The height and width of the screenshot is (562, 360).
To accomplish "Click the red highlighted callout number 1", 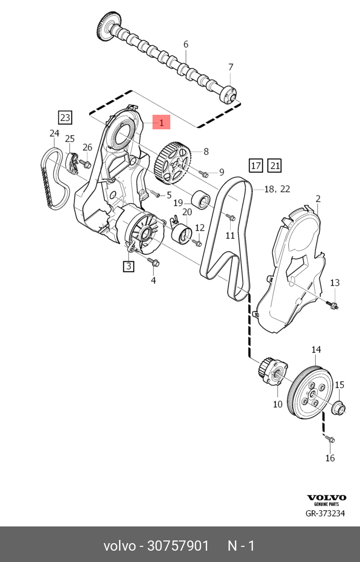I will pos(161,122).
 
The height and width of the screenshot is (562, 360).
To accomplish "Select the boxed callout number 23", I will pos(65,117).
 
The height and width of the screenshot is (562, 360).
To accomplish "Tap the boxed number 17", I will pos(255,165).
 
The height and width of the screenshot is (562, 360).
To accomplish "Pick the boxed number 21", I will pos(274,165).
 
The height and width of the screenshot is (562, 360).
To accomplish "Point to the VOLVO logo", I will pos(327,497).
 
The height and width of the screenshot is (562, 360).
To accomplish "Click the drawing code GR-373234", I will pos(326,514).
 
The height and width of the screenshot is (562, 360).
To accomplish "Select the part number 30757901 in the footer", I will pos(178,546).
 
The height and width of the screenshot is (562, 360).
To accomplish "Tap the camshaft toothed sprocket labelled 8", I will pos(173,161).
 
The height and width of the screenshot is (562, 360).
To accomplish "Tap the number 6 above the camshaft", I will pos(186,44).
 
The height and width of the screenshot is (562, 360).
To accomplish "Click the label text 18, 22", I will pos(278,189).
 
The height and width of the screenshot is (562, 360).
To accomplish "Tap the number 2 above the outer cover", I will pos(318,199).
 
